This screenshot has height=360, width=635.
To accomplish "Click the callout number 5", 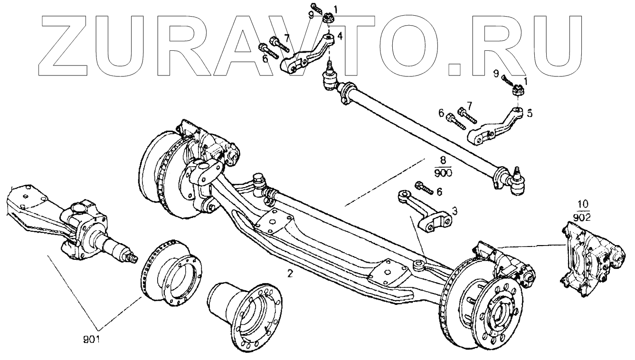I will click(x=530, y=114).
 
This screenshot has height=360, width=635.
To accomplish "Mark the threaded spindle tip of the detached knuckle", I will click(x=131, y=257).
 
